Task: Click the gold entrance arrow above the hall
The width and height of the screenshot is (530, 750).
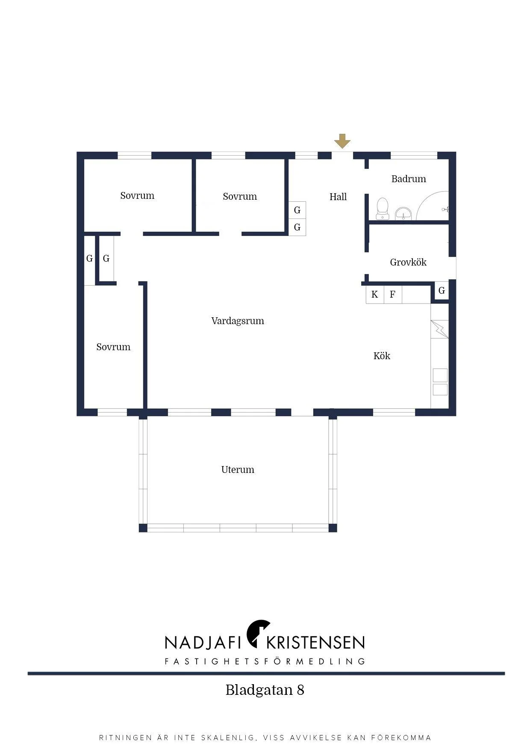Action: point(342,141)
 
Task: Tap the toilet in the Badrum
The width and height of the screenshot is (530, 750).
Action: point(382,208)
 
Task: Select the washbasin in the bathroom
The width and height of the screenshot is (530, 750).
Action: point(403,213)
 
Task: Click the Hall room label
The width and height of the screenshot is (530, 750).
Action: point(338,197)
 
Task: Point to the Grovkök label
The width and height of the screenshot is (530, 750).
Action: point(408,262)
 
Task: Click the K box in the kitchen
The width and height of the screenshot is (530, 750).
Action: point(375,295)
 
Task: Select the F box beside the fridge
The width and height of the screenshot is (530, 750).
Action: point(393,295)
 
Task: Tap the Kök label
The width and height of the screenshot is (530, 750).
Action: point(382,356)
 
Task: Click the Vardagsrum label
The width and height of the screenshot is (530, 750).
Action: point(238,321)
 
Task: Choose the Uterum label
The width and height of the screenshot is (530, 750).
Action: point(238,469)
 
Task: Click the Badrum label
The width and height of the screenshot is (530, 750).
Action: point(409,179)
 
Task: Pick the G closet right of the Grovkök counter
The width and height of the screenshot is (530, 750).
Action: point(442,291)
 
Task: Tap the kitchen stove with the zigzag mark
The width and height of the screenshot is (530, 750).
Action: point(440,329)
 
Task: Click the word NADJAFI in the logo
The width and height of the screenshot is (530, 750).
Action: point(203,642)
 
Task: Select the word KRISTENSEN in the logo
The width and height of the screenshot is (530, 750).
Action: point(315,642)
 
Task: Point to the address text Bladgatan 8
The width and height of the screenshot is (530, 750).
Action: point(265,690)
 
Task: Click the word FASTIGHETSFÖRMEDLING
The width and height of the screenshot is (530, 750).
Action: point(265,661)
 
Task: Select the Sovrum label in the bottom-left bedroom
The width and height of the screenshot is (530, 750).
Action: point(113,347)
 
